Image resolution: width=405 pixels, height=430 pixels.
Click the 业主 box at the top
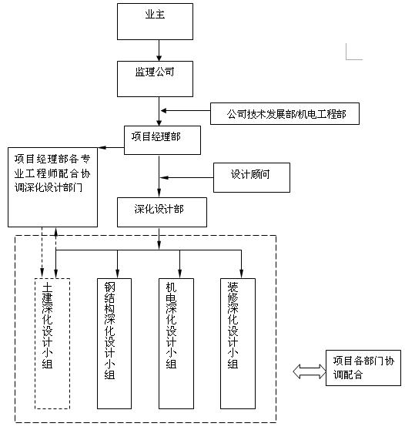155,22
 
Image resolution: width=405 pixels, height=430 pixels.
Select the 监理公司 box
155,79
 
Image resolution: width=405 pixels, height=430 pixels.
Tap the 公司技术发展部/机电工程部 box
285,113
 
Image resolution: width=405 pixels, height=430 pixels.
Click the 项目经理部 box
162,140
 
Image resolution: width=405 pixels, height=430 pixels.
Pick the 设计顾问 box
252,177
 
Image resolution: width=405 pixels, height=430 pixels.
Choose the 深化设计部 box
162,212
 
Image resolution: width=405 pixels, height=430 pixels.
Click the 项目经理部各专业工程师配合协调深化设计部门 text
52,173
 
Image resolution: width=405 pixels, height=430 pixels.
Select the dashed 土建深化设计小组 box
52,344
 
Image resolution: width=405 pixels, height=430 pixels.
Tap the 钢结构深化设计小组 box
114,344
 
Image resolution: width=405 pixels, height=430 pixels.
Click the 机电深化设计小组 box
176,344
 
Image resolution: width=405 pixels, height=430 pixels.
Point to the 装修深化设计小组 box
238,344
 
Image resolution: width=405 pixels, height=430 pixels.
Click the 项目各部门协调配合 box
363,368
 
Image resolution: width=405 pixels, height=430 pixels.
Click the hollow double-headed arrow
310,371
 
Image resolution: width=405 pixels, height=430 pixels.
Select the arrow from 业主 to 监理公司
159,50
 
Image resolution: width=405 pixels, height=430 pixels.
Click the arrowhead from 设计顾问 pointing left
164,178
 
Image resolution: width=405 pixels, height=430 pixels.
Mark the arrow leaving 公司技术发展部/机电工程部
186,110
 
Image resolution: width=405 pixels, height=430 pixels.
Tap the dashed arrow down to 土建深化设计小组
42,252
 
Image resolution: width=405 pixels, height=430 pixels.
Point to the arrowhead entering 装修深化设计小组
242,274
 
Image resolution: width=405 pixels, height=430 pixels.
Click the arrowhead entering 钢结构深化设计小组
117,274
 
